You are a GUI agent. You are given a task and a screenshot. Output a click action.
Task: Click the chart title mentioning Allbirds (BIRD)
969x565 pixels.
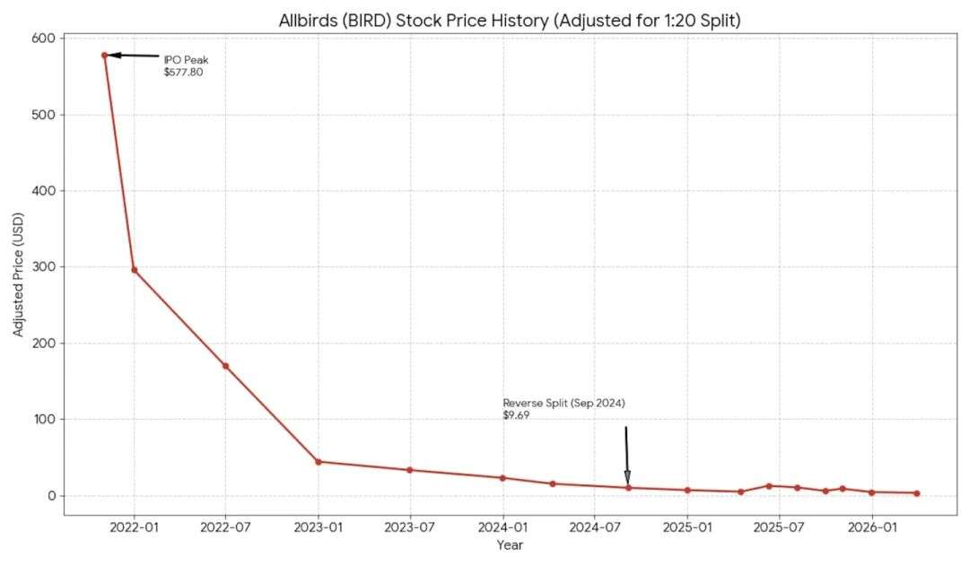pos(509,20)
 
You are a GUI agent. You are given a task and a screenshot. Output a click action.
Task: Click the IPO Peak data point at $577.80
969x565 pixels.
pos(105,56)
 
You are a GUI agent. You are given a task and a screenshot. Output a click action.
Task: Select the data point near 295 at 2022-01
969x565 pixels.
pos(135,270)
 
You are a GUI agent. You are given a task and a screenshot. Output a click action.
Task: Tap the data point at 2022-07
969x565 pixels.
pos(225,366)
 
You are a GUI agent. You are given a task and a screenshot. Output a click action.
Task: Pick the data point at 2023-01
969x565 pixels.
pos(319,462)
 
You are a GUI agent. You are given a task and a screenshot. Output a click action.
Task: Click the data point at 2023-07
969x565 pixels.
pos(410,470)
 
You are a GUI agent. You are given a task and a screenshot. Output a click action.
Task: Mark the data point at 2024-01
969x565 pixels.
pos(502,478)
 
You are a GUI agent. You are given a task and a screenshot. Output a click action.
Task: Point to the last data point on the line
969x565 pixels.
pos(916,493)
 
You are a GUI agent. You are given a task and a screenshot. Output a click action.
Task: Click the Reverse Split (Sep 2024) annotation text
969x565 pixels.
pos(563,403)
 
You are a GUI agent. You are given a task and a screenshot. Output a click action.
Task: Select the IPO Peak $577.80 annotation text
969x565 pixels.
pos(185,65)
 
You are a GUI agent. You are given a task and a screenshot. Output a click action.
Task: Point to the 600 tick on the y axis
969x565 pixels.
pos(46,39)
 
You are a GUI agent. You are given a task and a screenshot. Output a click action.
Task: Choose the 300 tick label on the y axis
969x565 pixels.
pos(46,267)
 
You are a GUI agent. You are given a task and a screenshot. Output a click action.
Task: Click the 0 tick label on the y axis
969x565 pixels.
pos(52,496)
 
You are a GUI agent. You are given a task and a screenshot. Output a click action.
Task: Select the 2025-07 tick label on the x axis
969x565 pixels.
pos(779,527)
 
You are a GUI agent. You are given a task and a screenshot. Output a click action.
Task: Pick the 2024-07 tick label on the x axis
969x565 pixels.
pos(595,527)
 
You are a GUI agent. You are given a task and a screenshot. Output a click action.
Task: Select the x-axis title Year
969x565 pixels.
pos(509,545)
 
